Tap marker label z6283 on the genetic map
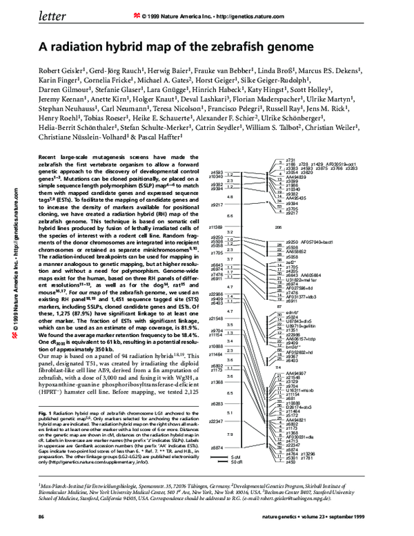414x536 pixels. tap(216, 403)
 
